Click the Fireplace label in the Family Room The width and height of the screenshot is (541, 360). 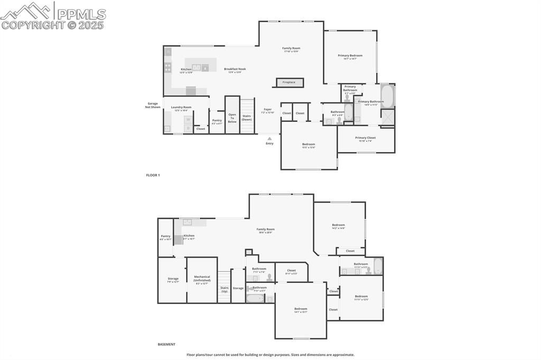(289, 82)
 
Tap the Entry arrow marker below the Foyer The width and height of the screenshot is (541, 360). (269, 138)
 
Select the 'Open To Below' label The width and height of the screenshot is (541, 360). (232, 118)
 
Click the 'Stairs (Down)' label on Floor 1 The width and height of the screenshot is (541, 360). (247, 117)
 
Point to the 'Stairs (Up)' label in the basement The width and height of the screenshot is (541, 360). (224, 289)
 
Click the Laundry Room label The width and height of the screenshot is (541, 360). (181, 107)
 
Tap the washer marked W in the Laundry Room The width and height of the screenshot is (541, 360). (188, 119)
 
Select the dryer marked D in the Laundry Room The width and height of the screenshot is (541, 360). (188, 128)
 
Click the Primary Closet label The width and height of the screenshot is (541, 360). (366, 138)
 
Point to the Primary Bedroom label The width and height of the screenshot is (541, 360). (350, 55)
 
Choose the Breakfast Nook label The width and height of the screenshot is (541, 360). (235, 69)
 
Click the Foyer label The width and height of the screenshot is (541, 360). (268, 109)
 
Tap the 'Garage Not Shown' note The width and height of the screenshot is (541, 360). (153, 105)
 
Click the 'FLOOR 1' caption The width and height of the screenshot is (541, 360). (153, 175)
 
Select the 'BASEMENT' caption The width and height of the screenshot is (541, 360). (166, 344)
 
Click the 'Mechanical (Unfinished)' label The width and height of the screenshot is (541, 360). (202, 278)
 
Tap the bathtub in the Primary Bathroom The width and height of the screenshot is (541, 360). (387, 96)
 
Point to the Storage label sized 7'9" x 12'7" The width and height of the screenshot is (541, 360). (173, 278)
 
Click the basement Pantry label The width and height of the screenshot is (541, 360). (166, 236)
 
